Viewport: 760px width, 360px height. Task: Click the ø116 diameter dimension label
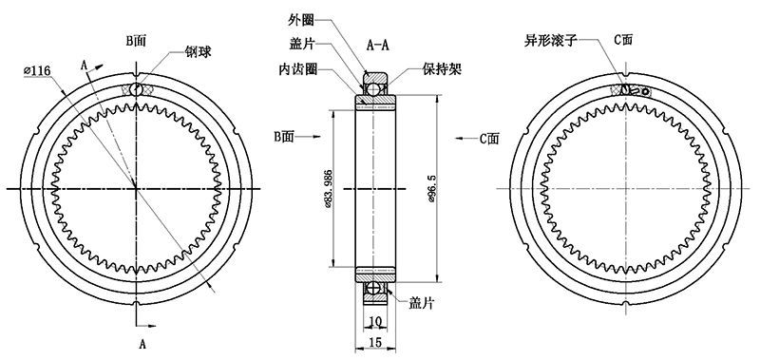point(36,70)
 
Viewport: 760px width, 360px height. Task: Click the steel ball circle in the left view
point(138,90)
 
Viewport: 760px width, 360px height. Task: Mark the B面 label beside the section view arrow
point(286,139)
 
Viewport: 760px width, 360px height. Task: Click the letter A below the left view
point(142,339)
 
